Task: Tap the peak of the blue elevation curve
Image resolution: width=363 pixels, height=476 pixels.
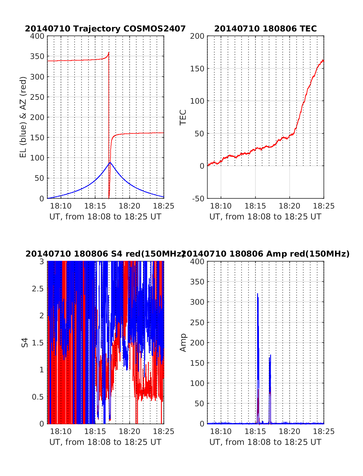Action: tap(110, 163)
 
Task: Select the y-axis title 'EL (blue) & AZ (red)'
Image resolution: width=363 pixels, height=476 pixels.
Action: tap(23, 117)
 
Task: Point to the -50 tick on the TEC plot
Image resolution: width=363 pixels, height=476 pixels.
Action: tap(198, 199)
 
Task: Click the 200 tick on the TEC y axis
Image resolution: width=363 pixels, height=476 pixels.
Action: tap(197, 36)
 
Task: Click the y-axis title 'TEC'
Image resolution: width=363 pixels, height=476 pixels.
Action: tap(183, 117)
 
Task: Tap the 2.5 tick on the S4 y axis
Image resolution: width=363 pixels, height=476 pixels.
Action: tap(38, 289)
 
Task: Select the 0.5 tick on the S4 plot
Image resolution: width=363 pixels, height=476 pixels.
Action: tap(38, 397)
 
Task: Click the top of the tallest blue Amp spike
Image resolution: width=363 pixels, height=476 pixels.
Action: tap(257, 294)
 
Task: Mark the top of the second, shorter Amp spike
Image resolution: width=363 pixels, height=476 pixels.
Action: tap(270, 355)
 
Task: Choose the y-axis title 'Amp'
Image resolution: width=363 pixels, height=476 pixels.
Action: tap(183, 342)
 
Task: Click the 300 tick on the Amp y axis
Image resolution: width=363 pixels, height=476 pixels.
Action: tap(197, 302)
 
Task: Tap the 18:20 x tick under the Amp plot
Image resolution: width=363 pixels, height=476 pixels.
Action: tap(289, 432)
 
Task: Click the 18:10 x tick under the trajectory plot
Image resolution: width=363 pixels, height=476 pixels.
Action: tap(61, 206)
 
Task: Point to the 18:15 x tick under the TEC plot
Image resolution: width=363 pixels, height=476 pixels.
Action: tap(255, 206)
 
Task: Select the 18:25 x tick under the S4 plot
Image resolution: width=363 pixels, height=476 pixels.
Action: tap(164, 432)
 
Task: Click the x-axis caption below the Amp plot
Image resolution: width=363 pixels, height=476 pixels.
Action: tap(265, 442)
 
